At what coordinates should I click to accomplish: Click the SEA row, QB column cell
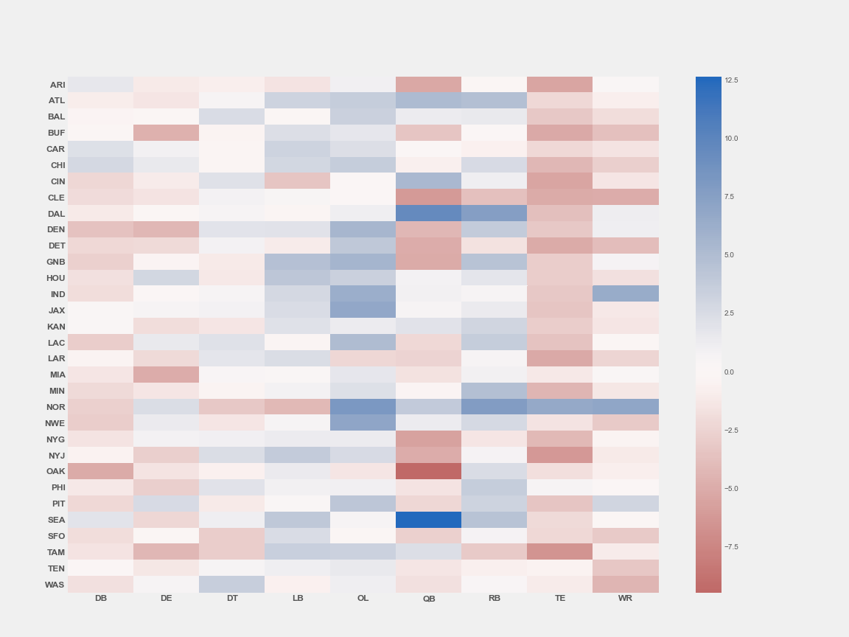coord(428,520)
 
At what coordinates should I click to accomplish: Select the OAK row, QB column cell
coord(428,471)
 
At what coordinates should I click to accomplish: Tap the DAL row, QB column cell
coord(428,213)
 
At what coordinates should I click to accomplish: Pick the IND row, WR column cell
coord(626,293)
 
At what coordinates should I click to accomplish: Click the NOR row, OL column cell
coord(363,407)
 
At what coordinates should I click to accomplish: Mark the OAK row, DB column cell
coord(100,471)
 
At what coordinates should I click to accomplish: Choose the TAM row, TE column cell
coord(560,552)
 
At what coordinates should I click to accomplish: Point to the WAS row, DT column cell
coord(231,585)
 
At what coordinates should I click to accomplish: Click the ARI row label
coord(57,85)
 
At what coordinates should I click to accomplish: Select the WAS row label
coord(55,585)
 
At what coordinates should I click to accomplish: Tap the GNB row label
coord(56,262)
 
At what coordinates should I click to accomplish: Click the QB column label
coord(429,599)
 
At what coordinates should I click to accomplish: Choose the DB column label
coord(101,598)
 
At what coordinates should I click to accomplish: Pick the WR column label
coord(625,598)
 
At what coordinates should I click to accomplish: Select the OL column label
coord(363,598)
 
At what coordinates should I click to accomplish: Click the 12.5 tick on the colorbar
coord(730,80)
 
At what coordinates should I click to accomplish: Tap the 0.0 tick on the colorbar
coord(729,372)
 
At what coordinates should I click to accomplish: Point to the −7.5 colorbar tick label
coord(730,547)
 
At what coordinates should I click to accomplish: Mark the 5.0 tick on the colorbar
coord(729,255)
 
